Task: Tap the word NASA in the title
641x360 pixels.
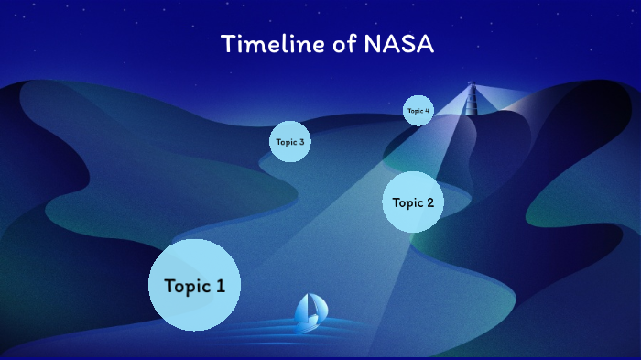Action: [x=403, y=44]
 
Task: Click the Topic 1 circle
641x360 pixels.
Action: [x=194, y=285]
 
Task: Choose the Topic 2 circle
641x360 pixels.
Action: [x=413, y=202]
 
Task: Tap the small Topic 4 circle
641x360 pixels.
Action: [x=418, y=110]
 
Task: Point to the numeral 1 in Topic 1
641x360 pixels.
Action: [x=220, y=286]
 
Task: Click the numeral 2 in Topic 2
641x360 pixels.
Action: [x=429, y=202]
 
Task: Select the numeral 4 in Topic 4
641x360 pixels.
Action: [x=427, y=110]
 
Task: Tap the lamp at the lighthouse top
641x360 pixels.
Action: [x=473, y=87]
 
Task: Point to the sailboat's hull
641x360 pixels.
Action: [x=308, y=324]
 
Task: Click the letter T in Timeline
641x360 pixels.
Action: [x=226, y=44]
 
